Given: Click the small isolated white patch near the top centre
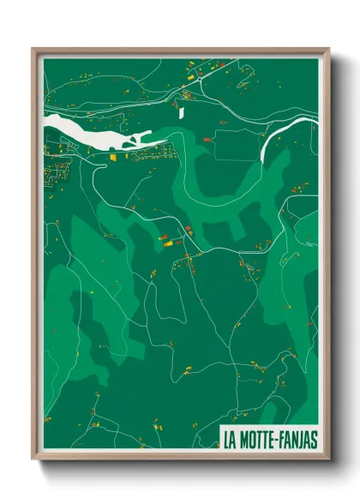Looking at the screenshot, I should pos(181,111).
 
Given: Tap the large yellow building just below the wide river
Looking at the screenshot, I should pos(115,156).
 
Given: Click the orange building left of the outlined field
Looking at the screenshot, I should pos(205,137).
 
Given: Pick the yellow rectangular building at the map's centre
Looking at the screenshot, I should pos(169,243).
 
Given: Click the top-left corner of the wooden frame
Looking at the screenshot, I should pos(33,49).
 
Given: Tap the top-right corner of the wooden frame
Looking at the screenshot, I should pos(328,49).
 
